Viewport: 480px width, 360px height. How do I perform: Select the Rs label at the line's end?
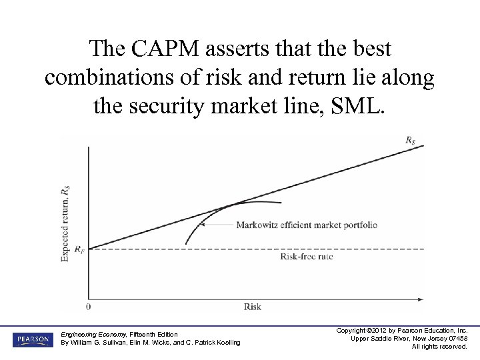pos(411,139)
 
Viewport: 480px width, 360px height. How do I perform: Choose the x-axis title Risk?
pos(253,307)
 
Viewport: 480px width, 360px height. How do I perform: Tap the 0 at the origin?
pos(89,307)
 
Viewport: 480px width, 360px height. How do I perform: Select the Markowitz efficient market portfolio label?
pos(307,225)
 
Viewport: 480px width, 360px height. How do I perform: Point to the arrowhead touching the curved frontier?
pos(204,225)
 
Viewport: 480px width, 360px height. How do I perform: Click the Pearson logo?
pos(32,339)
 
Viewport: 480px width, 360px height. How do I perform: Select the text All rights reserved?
pos(439,347)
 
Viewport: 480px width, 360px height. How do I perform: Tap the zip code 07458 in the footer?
pos(457,339)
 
